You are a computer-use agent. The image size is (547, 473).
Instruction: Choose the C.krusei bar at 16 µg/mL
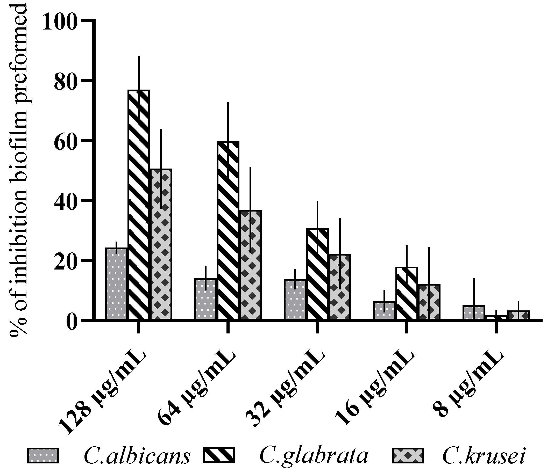[429, 302]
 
